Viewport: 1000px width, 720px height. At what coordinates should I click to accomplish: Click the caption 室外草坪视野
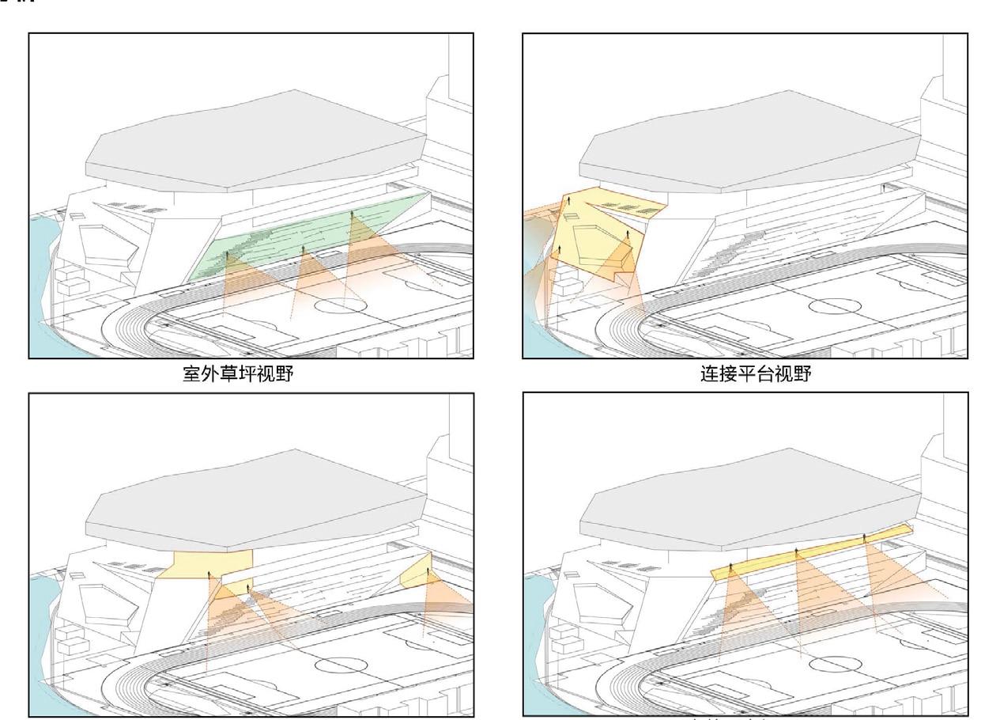(x=238, y=373)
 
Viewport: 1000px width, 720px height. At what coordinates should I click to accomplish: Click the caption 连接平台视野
(x=756, y=373)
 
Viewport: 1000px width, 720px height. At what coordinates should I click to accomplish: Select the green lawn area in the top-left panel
(x=316, y=237)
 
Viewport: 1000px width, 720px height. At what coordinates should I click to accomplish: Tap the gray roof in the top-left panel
(x=253, y=142)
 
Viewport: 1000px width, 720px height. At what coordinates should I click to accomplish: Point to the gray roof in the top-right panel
(x=747, y=142)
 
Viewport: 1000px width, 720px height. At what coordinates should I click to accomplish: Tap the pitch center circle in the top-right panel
(x=834, y=305)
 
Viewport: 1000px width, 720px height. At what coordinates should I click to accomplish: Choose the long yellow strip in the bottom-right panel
(x=814, y=551)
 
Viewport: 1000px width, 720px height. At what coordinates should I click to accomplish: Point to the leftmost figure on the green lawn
(x=228, y=256)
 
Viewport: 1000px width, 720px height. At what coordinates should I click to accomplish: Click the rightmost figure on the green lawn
(x=353, y=215)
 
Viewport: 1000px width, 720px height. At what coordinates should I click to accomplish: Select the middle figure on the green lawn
(x=304, y=250)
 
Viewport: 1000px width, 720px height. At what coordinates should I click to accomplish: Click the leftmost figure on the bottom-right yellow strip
(x=730, y=567)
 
